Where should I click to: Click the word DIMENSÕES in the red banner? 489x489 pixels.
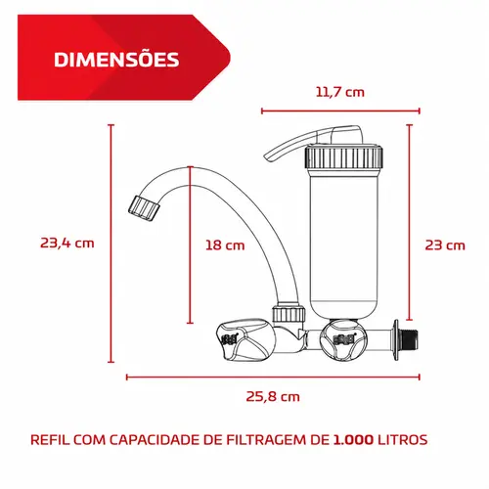tap(116, 60)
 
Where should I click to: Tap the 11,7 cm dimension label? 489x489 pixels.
tap(340, 92)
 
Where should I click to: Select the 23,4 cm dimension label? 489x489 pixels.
tap(67, 244)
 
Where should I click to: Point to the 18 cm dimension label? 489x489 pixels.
tap(225, 245)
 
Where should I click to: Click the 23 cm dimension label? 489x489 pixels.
tap(445, 245)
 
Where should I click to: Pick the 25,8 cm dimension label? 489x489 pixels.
tap(273, 397)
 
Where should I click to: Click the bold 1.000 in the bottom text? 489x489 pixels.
tap(353, 440)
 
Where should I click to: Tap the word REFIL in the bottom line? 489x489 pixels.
tap(50, 440)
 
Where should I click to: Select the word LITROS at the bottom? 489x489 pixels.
tap(403, 440)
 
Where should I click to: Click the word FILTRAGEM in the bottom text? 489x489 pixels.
tap(266, 440)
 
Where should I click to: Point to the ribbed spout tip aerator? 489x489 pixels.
tap(145, 208)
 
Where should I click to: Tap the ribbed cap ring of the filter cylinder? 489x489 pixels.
tap(343, 157)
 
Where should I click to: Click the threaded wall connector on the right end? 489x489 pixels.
tap(409, 340)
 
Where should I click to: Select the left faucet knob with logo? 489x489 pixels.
tap(243, 340)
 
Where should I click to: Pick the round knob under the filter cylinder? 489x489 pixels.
tap(343, 339)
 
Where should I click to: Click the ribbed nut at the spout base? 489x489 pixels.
tap(289, 314)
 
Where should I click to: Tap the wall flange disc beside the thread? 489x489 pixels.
tap(396, 340)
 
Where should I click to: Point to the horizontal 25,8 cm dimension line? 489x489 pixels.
tap(273, 378)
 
